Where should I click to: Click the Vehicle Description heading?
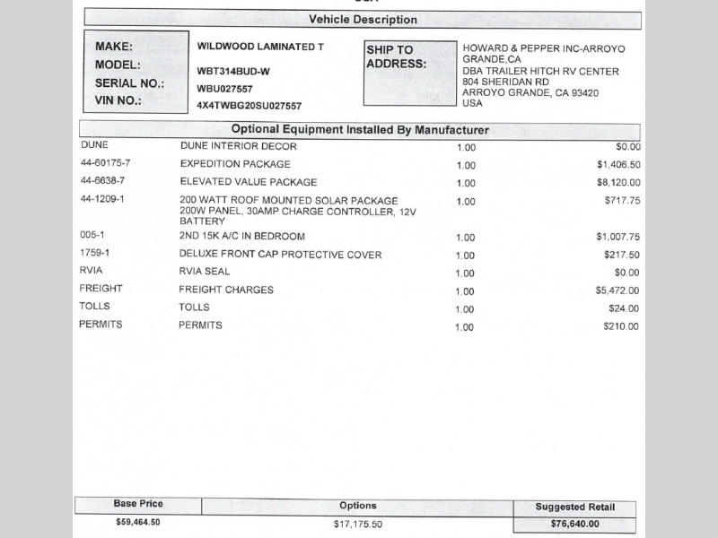pyautogui.click(x=363, y=20)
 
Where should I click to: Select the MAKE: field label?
pyautogui.click(x=114, y=47)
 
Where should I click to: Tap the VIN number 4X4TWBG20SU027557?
pyautogui.click(x=249, y=106)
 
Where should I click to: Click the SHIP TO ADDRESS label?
pyautogui.click(x=396, y=56)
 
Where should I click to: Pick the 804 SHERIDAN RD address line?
pyautogui.click(x=506, y=82)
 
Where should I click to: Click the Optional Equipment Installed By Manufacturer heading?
pyautogui.click(x=360, y=130)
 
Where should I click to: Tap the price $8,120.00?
pyautogui.click(x=617, y=183)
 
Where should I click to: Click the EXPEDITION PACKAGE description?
pyautogui.click(x=235, y=164)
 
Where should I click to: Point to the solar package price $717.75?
pyautogui.click(x=622, y=201)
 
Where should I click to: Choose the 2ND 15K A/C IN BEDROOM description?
pyautogui.click(x=242, y=237)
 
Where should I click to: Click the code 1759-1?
pyautogui.click(x=94, y=254)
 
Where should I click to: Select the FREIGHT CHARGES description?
pyautogui.click(x=226, y=290)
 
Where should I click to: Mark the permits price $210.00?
pyautogui.click(x=621, y=326)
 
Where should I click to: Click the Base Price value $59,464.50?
pyautogui.click(x=138, y=522)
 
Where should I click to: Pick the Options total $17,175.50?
pyautogui.click(x=358, y=525)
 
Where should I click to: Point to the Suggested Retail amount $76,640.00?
pyautogui.click(x=574, y=525)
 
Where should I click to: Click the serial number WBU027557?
pyautogui.click(x=224, y=89)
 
